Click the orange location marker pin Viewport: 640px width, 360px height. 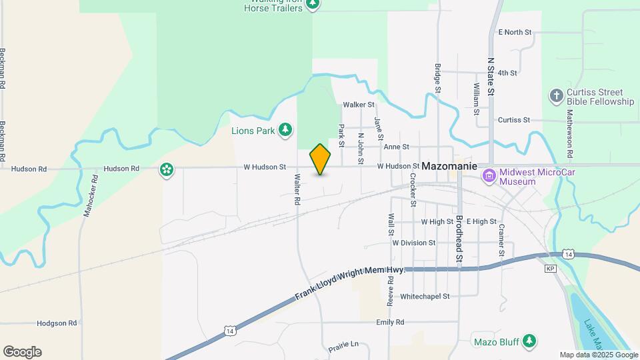tap(320, 159)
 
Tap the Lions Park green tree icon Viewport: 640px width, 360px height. tap(285, 129)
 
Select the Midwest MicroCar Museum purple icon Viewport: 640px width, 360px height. tap(489, 176)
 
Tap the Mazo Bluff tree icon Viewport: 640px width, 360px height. tap(529, 341)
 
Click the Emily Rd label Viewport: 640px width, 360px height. tap(390, 322)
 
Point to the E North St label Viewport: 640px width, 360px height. tap(515, 32)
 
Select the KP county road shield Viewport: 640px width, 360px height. tap(550, 269)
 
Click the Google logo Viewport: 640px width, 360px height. tap(22, 352)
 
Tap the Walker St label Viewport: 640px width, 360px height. tap(359, 105)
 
